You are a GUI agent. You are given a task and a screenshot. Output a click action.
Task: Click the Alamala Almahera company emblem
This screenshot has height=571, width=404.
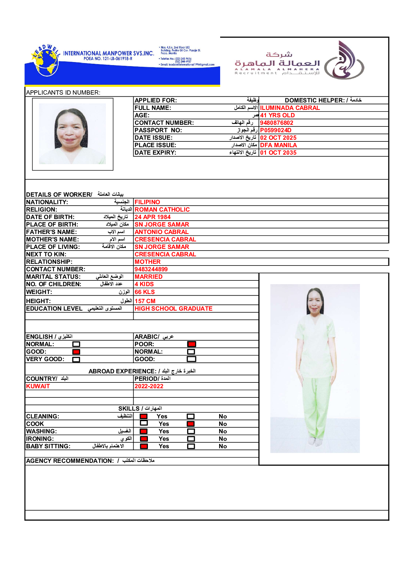pyautogui.click(x=344, y=60)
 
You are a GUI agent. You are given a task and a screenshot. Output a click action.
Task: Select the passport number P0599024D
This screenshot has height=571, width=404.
pyautogui.click(x=275, y=130)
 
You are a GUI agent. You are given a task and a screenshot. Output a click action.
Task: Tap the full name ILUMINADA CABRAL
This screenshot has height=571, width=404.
pyautogui.click(x=290, y=108)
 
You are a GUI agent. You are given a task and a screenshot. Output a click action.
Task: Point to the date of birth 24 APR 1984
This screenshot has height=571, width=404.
pyautogui.click(x=152, y=217)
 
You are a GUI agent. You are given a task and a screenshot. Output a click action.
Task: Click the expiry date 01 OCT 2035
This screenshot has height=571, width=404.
pyautogui.click(x=278, y=153)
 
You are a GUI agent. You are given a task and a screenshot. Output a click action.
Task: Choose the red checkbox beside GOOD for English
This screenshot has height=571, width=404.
pyautogui.click(x=76, y=352)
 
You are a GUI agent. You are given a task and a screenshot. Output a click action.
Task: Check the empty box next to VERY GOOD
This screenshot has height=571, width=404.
pyautogui.click(x=76, y=359)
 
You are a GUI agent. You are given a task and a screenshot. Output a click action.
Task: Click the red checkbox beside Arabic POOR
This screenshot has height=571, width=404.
pyautogui.click(x=191, y=344)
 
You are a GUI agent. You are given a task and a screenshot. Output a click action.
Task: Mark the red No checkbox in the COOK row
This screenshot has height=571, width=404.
pyautogui.click(x=191, y=424)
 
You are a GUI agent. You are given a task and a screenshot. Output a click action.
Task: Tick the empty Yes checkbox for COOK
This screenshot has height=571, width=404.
pyautogui.click(x=144, y=423)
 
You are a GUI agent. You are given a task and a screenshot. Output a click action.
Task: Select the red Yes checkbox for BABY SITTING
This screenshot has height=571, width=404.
pyautogui.click(x=144, y=446)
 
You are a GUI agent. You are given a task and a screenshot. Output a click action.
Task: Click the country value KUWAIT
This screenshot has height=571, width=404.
pyautogui.click(x=38, y=386)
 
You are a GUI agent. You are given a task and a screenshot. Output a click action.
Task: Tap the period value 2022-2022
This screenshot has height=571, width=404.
pyautogui.click(x=149, y=386)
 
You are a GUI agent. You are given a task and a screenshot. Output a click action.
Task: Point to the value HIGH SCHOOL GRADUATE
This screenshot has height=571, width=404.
pyautogui.click(x=173, y=309)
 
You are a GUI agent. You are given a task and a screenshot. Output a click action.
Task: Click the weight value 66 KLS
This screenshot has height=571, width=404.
pyautogui.click(x=145, y=292)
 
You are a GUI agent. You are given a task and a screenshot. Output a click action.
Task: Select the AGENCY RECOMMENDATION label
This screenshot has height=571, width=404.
pyautogui.click(x=70, y=461)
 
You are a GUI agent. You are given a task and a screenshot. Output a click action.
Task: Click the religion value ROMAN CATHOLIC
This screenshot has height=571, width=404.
pyautogui.click(x=162, y=210)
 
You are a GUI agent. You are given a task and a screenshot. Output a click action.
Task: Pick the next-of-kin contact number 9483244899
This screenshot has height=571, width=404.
pyautogui.click(x=151, y=269)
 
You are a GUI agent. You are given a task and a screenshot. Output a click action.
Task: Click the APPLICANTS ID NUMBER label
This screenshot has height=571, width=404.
pyautogui.click(x=63, y=93)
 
